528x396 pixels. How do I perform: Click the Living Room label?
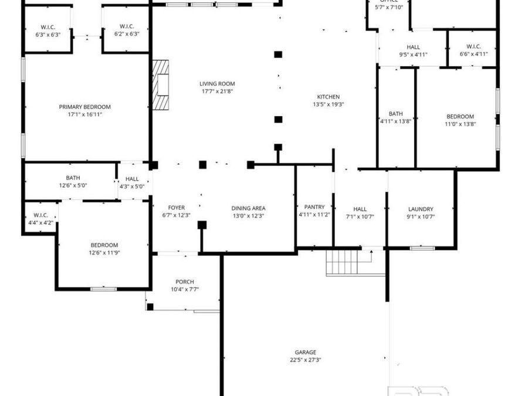pos(217,84)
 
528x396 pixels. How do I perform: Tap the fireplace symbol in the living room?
pos(160,85)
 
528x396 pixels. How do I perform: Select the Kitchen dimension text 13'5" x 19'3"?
pos(328,104)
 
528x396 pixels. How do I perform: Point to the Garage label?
pos(305,353)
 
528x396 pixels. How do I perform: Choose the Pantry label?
pos(314,207)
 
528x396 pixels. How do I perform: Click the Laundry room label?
pos(421,209)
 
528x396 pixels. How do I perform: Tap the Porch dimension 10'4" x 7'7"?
pos(185,289)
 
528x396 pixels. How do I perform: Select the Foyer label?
pos(177,208)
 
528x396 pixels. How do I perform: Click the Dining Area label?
pos(248,208)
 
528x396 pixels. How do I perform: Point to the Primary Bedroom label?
pos(84,107)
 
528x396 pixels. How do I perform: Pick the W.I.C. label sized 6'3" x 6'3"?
pos(48,27)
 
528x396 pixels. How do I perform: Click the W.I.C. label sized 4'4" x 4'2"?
pos(40,215)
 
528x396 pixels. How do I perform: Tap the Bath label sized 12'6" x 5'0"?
pos(73,178)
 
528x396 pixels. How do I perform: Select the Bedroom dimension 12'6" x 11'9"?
pos(104,253)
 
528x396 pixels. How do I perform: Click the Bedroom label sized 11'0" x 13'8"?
pos(460,117)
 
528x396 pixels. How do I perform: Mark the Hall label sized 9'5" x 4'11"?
pos(413,47)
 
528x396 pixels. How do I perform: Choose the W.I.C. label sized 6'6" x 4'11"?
pos(473,46)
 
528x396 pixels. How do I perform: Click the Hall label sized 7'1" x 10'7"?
pos(360,209)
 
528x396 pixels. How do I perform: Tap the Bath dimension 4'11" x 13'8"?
pos(395,121)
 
